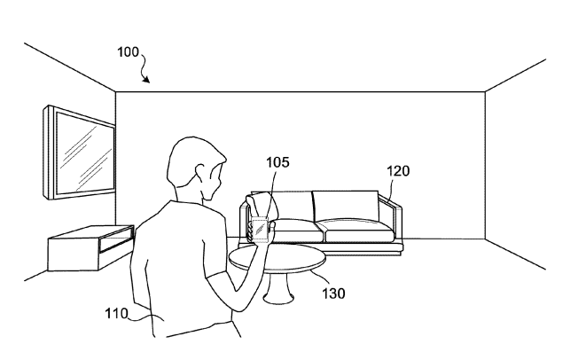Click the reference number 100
[128, 52]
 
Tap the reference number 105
[277, 162]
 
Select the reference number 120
[398, 171]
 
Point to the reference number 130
[333, 293]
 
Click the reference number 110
[116, 314]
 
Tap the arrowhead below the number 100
[146, 79]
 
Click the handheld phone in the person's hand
[260, 231]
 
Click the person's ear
[201, 173]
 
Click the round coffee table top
[277, 259]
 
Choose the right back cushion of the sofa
[346, 205]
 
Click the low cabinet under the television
[90, 248]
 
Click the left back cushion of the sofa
[291, 206]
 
